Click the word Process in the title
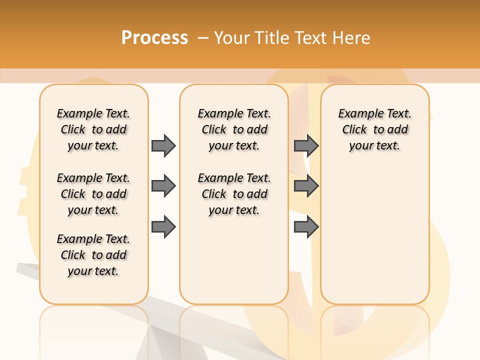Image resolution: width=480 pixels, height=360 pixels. coord(154,38)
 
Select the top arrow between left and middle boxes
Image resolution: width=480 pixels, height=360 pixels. coord(163,145)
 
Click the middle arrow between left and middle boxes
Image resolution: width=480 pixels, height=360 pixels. coord(163,186)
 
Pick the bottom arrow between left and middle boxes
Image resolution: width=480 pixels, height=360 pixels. coord(163,227)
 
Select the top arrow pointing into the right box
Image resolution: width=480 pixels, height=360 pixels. coord(306,145)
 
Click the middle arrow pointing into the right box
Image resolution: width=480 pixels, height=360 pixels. coord(306,186)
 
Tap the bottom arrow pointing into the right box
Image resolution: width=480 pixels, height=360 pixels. coord(306,227)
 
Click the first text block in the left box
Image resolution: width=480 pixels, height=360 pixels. coord(93,129)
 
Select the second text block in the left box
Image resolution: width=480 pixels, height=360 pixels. coord(93,194)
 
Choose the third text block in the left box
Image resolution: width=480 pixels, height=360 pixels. coord(93,255)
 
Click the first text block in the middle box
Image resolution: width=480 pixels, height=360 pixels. coord(234,129)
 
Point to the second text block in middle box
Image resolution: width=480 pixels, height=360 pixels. coord(234,194)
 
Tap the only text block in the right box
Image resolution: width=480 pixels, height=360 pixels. coord(374,129)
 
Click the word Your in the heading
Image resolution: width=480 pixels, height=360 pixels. coord(232,38)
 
